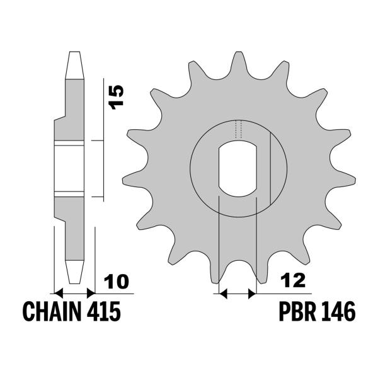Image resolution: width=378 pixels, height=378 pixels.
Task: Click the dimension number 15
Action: point(115,98)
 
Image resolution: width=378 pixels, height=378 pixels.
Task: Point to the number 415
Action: point(102,311)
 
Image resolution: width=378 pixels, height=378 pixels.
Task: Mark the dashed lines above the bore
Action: point(238,129)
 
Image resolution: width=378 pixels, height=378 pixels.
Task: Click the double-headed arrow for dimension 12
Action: point(236,293)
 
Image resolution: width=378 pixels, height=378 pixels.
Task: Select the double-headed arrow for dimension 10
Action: point(74,293)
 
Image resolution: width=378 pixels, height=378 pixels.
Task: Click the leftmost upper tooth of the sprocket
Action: point(135,135)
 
